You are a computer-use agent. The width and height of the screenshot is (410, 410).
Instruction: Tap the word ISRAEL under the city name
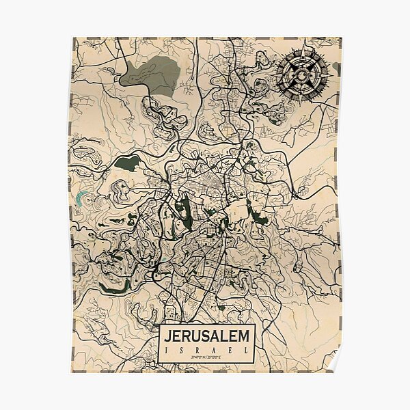(207, 351)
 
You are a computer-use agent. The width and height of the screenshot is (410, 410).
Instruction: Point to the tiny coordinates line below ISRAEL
(207, 358)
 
